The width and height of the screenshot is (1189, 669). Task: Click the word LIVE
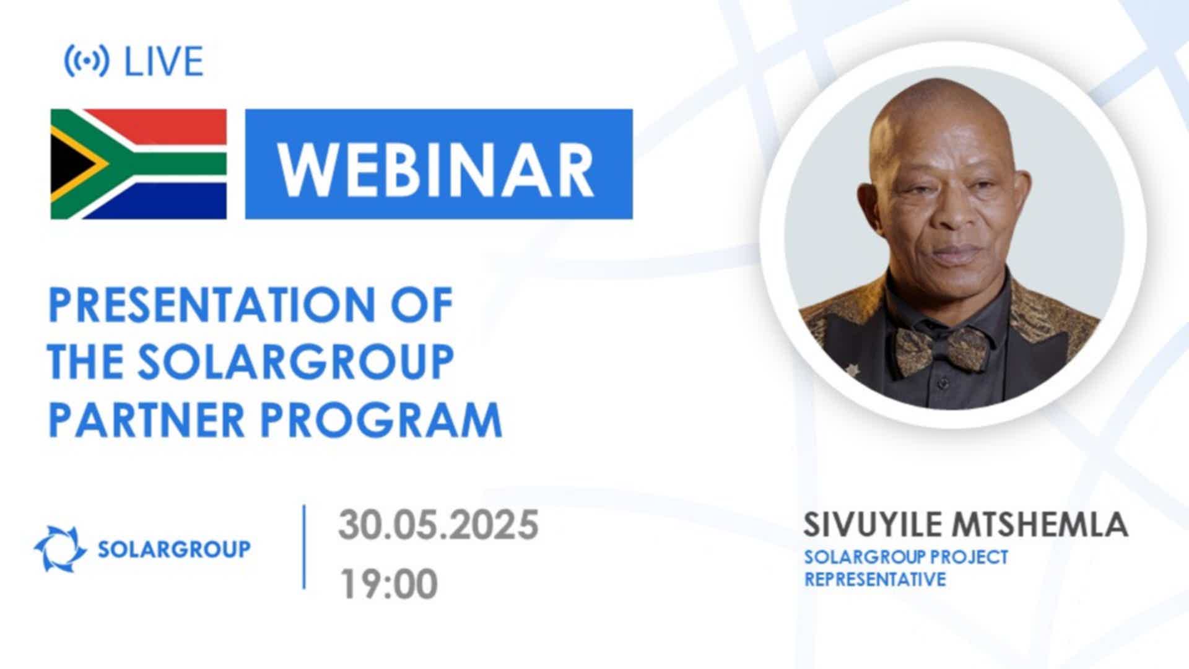pyautogui.click(x=164, y=61)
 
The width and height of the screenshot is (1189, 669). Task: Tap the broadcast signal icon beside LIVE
pyautogui.click(x=87, y=61)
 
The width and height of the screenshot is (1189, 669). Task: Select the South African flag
pyautogui.click(x=139, y=164)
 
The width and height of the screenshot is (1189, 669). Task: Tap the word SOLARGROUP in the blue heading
pyautogui.click(x=296, y=362)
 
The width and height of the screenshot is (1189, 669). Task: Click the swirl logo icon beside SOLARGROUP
pyautogui.click(x=60, y=549)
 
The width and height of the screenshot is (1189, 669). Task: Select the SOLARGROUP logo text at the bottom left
pyautogui.click(x=175, y=549)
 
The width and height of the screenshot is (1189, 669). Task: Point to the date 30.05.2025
pyautogui.click(x=438, y=525)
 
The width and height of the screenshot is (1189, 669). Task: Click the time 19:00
pyautogui.click(x=388, y=584)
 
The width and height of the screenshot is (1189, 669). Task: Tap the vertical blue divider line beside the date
pyautogui.click(x=304, y=546)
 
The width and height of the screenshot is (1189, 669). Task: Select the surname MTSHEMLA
pyautogui.click(x=1040, y=525)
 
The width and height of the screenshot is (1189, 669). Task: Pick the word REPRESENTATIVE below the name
pyautogui.click(x=875, y=579)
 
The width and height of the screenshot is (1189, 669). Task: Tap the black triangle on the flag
pyautogui.click(x=69, y=164)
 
